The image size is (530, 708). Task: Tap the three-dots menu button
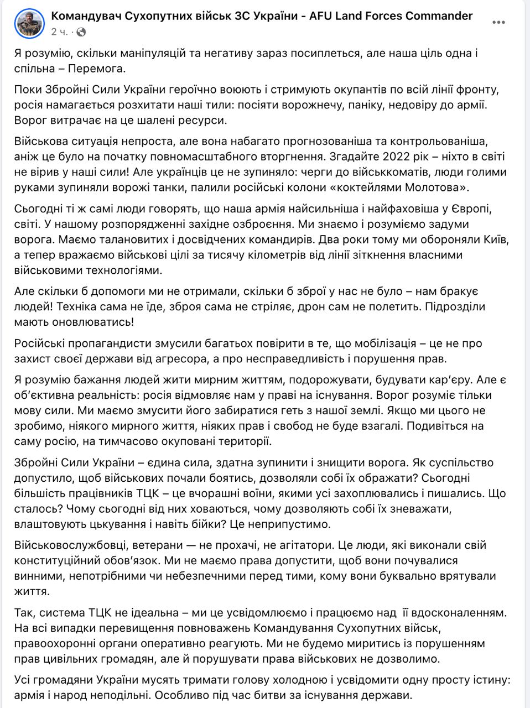(498, 23)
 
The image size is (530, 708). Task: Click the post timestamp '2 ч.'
(59, 32)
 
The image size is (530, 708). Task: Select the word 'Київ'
(497, 241)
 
